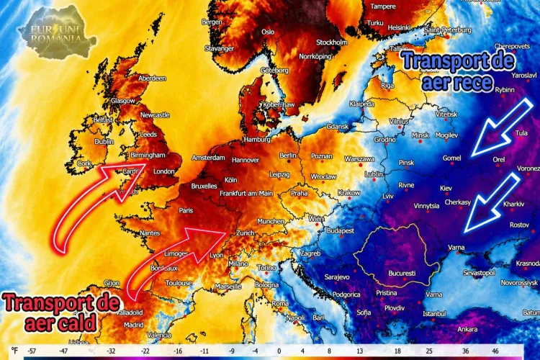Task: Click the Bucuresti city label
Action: point(401,274)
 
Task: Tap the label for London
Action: point(165,171)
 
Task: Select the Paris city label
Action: point(187,210)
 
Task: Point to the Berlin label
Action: point(288,155)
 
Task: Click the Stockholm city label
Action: point(332,42)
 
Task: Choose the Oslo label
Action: point(268,32)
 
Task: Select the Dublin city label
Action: point(105,142)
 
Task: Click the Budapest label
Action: point(341,230)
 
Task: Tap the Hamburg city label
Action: point(257,139)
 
